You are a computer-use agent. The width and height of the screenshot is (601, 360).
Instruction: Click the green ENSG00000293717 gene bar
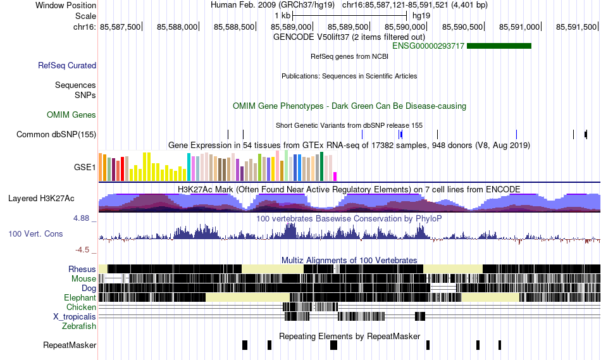[x=499, y=46]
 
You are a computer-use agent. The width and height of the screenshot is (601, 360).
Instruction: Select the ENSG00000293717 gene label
[x=428, y=46]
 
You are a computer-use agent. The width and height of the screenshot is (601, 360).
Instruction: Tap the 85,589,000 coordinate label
[x=291, y=27]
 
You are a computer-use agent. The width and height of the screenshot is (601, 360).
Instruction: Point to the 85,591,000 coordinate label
[x=519, y=27]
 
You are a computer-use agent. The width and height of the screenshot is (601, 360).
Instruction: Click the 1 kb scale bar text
[x=283, y=16]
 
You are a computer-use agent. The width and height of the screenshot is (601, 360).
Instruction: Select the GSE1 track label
[x=85, y=167]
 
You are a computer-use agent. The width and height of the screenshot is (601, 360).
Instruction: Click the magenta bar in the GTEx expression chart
[x=335, y=177]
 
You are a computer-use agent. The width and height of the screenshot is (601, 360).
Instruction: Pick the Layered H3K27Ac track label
[x=41, y=198]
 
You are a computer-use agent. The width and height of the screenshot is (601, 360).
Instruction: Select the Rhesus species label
[x=82, y=269]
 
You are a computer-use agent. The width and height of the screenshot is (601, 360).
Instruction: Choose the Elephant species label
[x=80, y=297]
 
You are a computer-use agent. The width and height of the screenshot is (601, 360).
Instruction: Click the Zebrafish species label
[x=79, y=326]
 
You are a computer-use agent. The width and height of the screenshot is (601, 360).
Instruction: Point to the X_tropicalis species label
[x=75, y=317]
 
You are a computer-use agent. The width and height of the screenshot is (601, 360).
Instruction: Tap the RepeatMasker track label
[x=70, y=345]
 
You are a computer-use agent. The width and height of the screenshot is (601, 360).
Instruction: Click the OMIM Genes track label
[x=71, y=115]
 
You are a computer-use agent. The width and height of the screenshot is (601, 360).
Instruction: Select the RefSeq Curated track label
[x=67, y=66]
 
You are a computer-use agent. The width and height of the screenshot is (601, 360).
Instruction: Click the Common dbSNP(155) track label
[x=56, y=135]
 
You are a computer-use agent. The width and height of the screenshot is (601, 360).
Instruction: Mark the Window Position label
[x=66, y=5]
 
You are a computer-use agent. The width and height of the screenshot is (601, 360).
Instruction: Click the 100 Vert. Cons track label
[x=35, y=234]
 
